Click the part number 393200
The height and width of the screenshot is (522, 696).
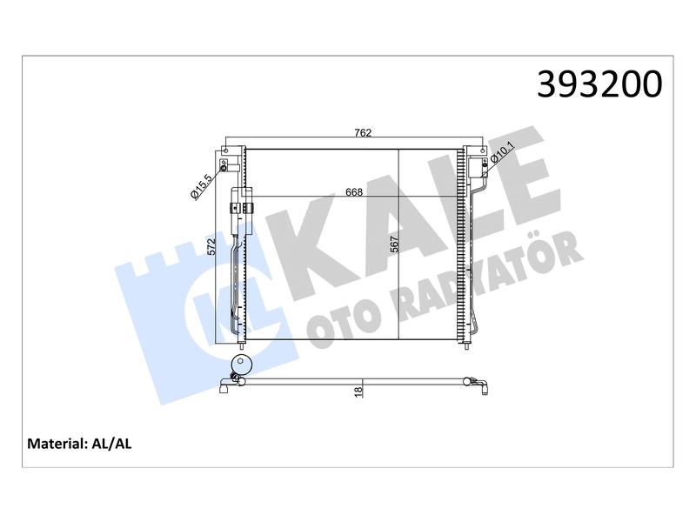coord(599,84)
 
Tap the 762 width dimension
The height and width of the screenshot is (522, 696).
coord(363,133)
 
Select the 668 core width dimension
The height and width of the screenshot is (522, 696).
coord(354,191)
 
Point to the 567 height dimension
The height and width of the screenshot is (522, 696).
coord(394,244)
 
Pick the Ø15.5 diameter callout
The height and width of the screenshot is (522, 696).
coord(202,187)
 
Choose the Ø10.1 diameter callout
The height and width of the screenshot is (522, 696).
coord(502,154)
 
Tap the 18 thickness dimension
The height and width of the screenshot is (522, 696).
coord(358,391)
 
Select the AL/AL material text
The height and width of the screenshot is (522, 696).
coord(111,444)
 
